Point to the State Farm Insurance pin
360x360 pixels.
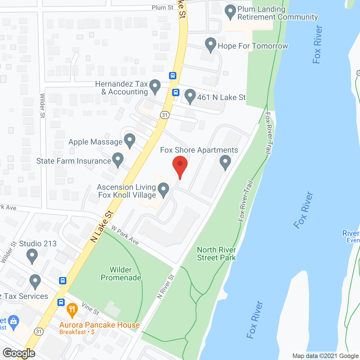click(118, 159)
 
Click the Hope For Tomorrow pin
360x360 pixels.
click(211, 44)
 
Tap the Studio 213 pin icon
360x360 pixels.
click(32, 256)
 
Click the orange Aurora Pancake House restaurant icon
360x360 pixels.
click(72, 310)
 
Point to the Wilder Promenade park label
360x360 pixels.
click(121, 274)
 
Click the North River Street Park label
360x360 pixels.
click(216, 254)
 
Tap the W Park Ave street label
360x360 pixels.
click(125, 235)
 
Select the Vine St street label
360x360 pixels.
click(90, 309)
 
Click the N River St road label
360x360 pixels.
click(166, 286)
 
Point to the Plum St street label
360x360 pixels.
click(163, 8)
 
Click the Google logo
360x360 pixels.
click(19, 353)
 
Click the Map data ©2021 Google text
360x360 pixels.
click(325, 356)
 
